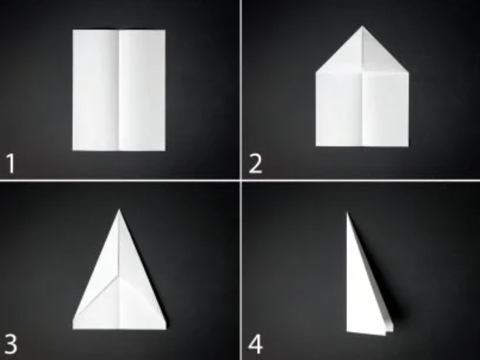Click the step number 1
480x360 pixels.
click(11, 164)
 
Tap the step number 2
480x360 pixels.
click(255, 164)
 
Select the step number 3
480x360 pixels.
click(11, 344)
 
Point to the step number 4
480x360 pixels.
click(255, 344)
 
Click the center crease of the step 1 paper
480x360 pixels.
click(119, 90)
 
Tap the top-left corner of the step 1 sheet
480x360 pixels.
click(73, 30)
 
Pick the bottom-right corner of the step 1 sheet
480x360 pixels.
click(165, 150)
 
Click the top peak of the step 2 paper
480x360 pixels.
click(363, 27)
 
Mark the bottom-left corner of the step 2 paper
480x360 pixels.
click(316, 146)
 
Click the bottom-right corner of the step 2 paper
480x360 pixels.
click(408, 146)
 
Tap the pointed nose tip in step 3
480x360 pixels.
click(119, 210)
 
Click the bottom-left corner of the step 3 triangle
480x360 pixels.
click(73, 329)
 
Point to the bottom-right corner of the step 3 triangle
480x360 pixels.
click(166, 329)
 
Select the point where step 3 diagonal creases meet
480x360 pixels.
click(119, 274)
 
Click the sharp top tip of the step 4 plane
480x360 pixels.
click(347, 213)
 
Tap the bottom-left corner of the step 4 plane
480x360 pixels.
click(347, 331)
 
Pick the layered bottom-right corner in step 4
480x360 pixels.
click(389, 331)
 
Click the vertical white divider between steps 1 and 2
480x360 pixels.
click(241, 90)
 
